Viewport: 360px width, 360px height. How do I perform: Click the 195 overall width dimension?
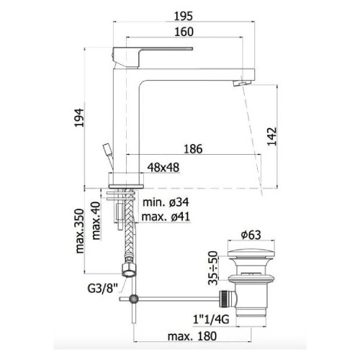(184, 17)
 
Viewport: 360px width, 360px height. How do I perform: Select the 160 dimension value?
(184, 32)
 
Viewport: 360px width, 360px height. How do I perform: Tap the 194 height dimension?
(79, 117)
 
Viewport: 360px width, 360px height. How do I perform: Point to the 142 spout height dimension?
(272, 136)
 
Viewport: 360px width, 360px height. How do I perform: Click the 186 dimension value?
(193, 149)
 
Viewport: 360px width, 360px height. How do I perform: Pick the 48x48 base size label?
(163, 167)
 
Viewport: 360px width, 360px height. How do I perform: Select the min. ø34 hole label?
(166, 202)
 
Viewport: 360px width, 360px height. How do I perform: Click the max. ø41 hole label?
(166, 217)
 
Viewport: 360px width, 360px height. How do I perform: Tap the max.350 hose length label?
(80, 231)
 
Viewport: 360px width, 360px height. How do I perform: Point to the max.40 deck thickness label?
(96, 221)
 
